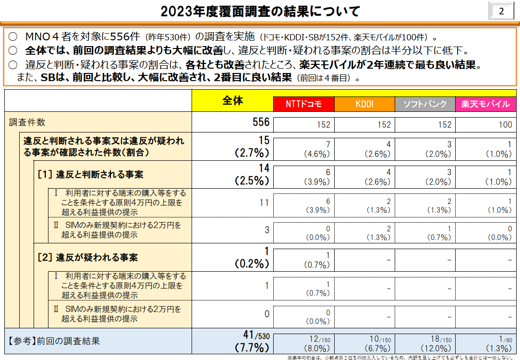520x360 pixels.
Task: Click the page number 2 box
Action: click(x=501, y=11)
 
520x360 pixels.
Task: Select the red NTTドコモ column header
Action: click(x=303, y=104)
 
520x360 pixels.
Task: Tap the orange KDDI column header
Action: click(x=364, y=104)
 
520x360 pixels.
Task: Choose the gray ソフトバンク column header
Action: click(x=425, y=104)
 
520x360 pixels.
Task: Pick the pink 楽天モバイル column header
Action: click(x=485, y=104)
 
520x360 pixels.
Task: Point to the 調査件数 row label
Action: click(x=27, y=122)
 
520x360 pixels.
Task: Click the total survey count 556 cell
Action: click(x=261, y=122)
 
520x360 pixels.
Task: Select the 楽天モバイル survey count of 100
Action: click(x=505, y=125)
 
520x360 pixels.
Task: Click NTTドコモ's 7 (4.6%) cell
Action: click(x=317, y=149)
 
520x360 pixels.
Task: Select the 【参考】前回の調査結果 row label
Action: click(x=54, y=341)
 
